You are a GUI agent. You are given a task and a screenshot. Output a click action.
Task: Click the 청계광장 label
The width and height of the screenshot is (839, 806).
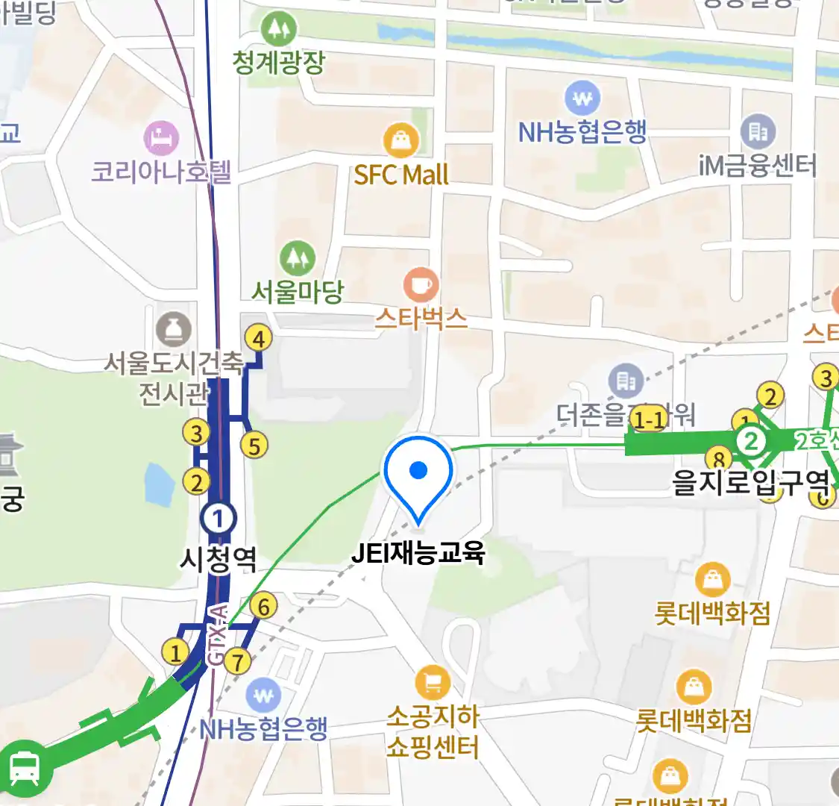278,63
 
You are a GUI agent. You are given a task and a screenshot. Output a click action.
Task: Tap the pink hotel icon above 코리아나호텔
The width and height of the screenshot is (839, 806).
161,139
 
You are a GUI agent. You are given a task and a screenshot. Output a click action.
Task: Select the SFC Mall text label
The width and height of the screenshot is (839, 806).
401,175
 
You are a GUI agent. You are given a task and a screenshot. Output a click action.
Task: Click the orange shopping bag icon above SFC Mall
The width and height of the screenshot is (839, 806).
401,140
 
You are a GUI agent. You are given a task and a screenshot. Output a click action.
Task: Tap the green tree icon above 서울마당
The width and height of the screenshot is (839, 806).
298,258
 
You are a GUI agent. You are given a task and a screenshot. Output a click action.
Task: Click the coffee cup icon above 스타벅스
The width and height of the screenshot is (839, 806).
421,285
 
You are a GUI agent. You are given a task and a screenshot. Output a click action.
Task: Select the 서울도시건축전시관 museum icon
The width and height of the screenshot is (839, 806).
174,329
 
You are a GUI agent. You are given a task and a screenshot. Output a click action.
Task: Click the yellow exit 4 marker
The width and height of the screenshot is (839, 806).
258,340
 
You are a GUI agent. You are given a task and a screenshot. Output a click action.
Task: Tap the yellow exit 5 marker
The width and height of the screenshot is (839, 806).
254,446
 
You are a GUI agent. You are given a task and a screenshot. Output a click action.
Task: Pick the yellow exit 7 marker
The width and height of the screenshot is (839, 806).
237,661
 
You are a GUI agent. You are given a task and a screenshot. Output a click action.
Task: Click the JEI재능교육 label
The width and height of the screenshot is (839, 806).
418,553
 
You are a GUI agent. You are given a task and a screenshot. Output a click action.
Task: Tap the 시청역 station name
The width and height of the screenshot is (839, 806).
219,558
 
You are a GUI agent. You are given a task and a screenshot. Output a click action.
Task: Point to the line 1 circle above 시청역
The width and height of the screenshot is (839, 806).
219,518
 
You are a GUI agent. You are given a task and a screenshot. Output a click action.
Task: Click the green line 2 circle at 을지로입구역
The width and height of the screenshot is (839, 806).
751,441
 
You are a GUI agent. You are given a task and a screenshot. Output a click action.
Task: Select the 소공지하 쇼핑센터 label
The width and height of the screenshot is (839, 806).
433,732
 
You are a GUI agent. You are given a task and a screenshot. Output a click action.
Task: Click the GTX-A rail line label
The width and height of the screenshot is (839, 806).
216,634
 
